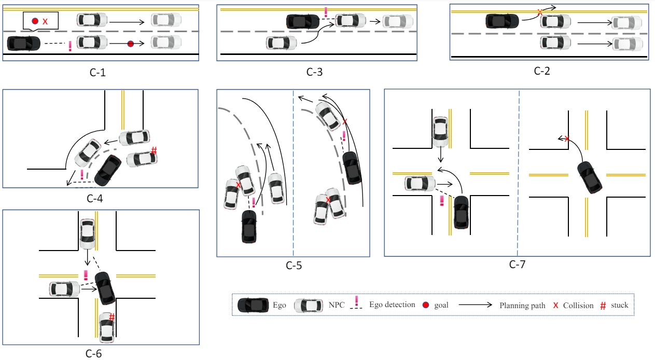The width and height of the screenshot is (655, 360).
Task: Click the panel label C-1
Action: pyautogui.click(x=97, y=72)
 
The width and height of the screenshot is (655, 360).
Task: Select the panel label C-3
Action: pyautogui.click(x=314, y=72)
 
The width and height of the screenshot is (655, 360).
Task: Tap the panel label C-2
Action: pyautogui.click(x=541, y=71)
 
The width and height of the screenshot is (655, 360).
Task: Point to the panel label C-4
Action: pyautogui.click(x=97, y=198)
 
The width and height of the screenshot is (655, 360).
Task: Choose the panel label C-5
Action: pyautogui.click(x=294, y=266)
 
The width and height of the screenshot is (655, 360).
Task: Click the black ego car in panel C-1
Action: pyautogui.click(x=23, y=43)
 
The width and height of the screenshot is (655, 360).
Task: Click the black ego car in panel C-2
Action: pyautogui.click(x=502, y=21)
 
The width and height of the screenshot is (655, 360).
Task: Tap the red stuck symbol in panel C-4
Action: pyautogui.click(x=154, y=151)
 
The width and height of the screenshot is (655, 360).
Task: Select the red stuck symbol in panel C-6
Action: pyautogui.click(x=112, y=317)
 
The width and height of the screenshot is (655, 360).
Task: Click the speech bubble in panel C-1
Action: pyautogui.click(x=40, y=21)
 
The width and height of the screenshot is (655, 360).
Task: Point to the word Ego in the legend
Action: pyautogui.click(x=280, y=305)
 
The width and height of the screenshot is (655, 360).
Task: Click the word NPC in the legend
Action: pyautogui.click(x=337, y=305)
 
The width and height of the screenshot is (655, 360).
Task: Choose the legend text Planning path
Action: pyautogui.click(x=522, y=306)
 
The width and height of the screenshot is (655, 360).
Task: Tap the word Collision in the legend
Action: pyautogui.click(x=578, y=306)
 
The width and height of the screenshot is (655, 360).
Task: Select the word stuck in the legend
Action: pyautogui.click(x=619, y=305)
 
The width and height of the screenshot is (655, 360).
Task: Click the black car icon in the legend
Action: pyautogui.click(x=253, y=305)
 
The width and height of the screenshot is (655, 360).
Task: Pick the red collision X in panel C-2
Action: pyautogui.click(x=540, y=11)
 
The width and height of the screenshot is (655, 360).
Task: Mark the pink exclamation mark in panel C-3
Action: pyautogui.click(x=326, y=12)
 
